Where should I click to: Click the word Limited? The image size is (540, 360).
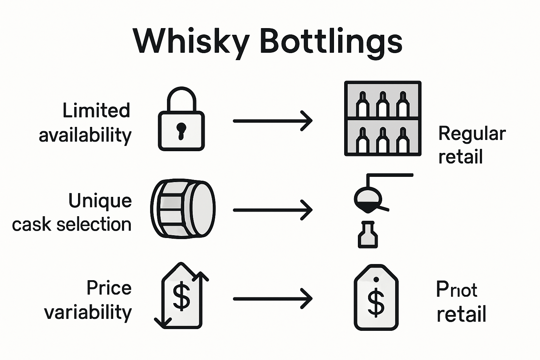(x=96, y=110)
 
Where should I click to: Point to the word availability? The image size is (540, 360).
(x=85, y=135)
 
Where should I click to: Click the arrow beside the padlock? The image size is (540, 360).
(x=272, y=121)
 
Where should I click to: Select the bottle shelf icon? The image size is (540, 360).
(x=382, y=118)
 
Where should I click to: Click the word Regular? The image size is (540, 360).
(x=472, y=134)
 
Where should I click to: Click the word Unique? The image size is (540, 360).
(x=100, y=201)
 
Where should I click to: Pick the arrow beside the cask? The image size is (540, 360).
(x=272, y=210)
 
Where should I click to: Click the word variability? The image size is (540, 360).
(x=88, y=313)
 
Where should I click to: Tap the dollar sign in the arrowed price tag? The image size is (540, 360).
(x=181, y=296)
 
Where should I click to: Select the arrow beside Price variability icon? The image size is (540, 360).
(x=272, y=299)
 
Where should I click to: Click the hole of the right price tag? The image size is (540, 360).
(x=376, y=279)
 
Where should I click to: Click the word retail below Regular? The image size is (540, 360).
(x=461, y=157)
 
